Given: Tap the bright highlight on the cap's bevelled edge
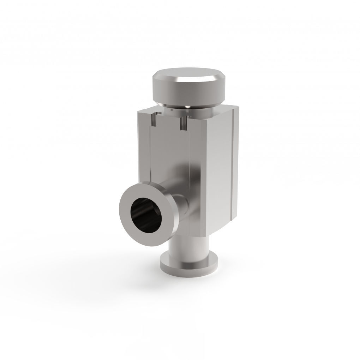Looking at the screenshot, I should [x=208, y=78].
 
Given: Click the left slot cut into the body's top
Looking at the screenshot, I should [x=154, y=120].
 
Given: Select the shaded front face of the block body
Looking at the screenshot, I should [x=169, y=152].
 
